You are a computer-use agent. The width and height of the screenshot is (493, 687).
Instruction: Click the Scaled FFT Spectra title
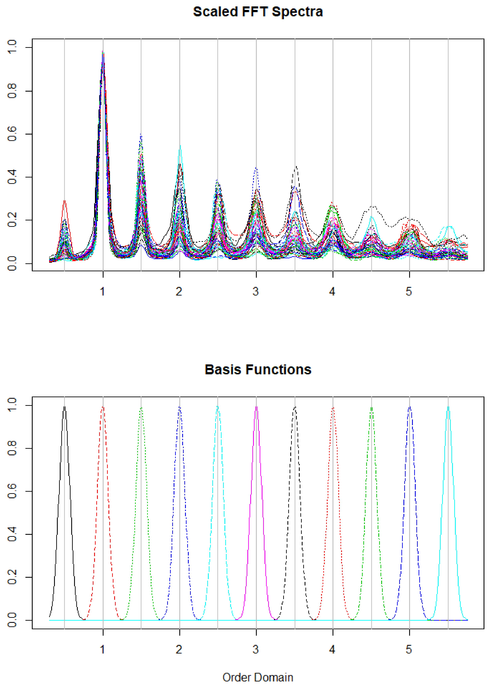click(258, 12)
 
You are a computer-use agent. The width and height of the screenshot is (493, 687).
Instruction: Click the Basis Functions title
click(258, 370)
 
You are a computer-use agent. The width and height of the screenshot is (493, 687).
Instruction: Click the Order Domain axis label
click(258, 677)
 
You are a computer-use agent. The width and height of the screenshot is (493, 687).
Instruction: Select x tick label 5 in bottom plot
click(409, 649)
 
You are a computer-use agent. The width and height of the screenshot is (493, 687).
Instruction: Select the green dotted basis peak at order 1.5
click(141, 408)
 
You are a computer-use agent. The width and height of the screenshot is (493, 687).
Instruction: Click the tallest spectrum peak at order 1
click(103, 52)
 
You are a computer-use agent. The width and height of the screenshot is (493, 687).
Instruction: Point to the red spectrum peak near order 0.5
click(64, 201)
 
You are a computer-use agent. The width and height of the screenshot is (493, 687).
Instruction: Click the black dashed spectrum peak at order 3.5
click(297, 166)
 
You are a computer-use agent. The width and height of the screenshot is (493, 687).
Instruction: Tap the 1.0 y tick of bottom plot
click(12, 405)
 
